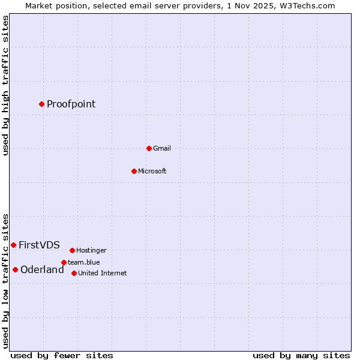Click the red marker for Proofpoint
(41, 104)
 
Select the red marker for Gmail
(149, 148)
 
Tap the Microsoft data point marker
(134, 171)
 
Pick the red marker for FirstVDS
(13, 245)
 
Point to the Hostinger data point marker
(72, 250)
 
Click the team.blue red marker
(64, 262)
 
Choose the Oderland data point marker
(15, 269)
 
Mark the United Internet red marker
(74, 273)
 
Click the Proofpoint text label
(71, 104)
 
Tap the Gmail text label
(162, 148)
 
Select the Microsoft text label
(152, 171)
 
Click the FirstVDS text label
(39, 245)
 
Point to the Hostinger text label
(91, 250)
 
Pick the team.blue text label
(83, 262)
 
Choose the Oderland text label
(42, 269)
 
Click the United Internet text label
(102, 273)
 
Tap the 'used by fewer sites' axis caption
(62, 355)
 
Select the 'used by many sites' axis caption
(301, 355)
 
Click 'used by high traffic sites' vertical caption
(5, 85)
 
